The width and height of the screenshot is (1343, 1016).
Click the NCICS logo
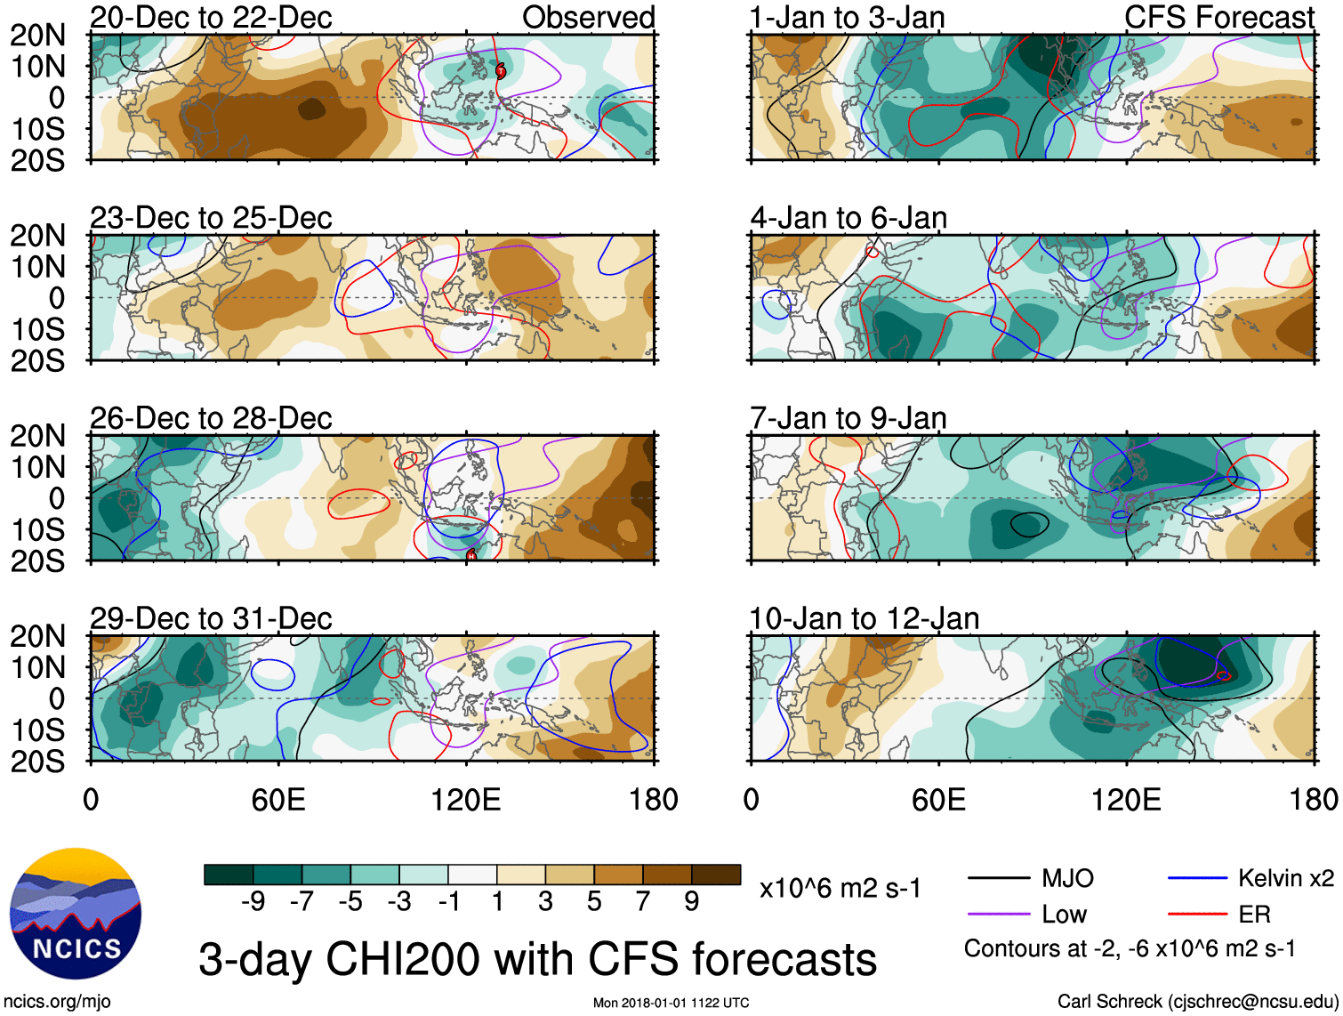pyautogui.click(x=75, y=914)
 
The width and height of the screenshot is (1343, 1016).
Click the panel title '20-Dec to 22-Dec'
pyautogui.click(x=211, y=17)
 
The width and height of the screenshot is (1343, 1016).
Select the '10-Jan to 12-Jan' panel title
pyautogui.click(x=864, y=618)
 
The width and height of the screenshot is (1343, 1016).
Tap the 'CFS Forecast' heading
pyautogui.click(x=1218, y=17)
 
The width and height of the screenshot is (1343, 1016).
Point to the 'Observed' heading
pyautogui.click(x=588, y=17)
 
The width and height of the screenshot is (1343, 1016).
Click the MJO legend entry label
pyautogui.click(x=1066, y=879)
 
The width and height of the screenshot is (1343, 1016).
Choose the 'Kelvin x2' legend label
pyautogui.click(x=1285, y=879)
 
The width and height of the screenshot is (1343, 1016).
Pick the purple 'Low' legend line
pyautogui.click(x=999, y=915)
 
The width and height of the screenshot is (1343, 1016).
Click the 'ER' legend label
pyautogui.click(x=1254, y=915)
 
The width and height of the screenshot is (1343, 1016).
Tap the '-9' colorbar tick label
pyautogui.click(x=253, y=902)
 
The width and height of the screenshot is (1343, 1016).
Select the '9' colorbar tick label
pyautogui.click(x=691, y=902)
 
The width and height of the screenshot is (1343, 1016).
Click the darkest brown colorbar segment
pyautogui.click(x=716, y=875)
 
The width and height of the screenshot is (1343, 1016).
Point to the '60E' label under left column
pyautogui.click(x=278, y=800)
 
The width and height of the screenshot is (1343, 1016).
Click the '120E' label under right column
pyautogui.click(x=1126, y=800)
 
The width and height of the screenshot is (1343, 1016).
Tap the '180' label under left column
pyautogui.click(x=653, y=800)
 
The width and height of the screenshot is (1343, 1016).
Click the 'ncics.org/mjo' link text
pyautogui.click(x=57, y=1002)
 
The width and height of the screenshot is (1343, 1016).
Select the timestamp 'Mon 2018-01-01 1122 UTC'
pyautogui.click(x=671, y=1003)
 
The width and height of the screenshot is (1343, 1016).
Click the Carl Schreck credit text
pyautogui.click(x=1197, y=1002)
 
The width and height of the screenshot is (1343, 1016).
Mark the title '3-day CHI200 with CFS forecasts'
pyautogui.click(x=537, y=959)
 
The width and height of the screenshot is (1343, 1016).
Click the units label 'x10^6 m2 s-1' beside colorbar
pyautogui.click(x=840, y=889)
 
